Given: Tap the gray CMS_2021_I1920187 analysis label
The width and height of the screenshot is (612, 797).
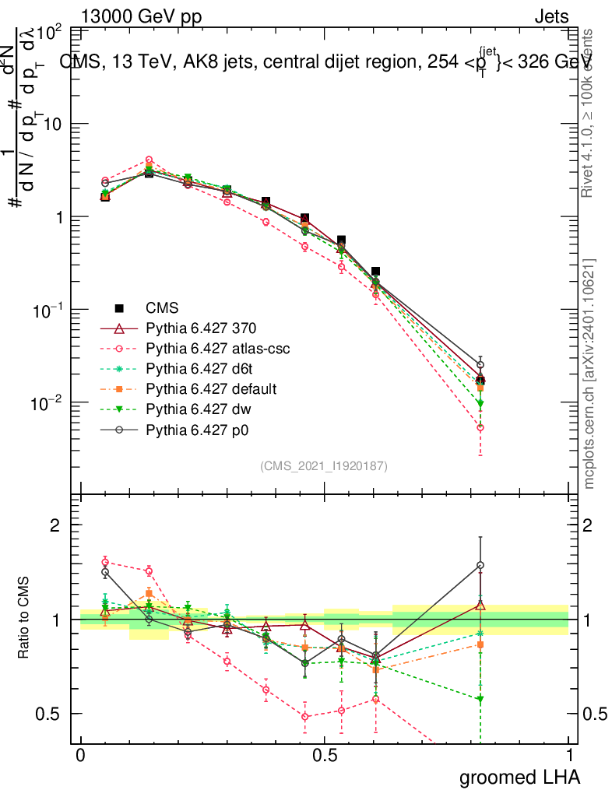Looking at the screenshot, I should pos(324,465).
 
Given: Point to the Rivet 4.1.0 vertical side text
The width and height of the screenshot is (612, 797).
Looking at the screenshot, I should pos(589,113).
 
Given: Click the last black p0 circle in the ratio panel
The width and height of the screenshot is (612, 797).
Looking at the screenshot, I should pos(480,565).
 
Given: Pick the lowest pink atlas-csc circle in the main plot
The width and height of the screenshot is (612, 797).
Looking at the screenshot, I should pos(480,428).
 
